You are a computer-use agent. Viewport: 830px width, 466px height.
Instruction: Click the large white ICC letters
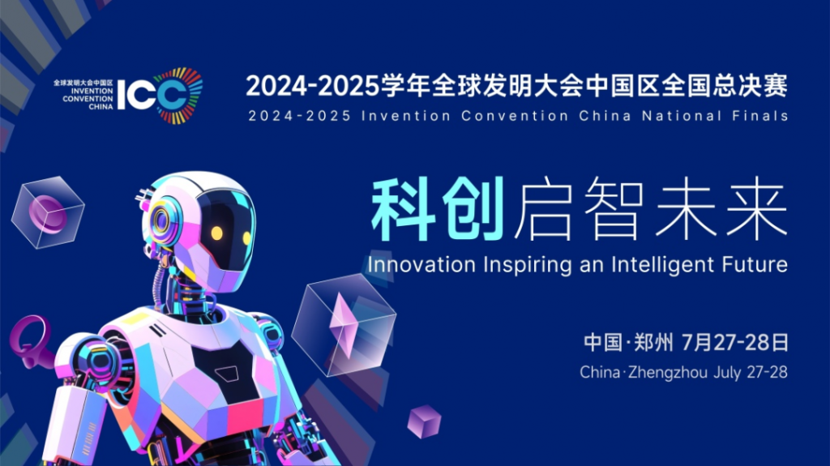pyautogui.click(x=152, y=95)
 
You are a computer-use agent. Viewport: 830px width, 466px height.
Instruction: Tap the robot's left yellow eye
pyautogui.click(x=216, y=233)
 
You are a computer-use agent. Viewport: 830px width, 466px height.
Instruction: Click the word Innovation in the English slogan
pyautogui.click(x=421, y=265)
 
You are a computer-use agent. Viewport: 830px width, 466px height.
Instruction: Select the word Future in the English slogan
pyautogui.click(x=752, y=264)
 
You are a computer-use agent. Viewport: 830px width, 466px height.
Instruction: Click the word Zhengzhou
pyautogui.click(x=668, y=373)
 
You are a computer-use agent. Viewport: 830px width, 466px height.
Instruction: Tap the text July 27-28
pyautogui.click(x=751, y=372)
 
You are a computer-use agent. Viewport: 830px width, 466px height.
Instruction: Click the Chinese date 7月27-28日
pyautogui.click(x=734, y=343)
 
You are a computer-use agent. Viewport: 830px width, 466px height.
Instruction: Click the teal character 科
pyautogui.click(x=404, y=208)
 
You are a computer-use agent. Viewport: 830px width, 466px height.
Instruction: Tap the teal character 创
pyautogui.click(x=473, y=208)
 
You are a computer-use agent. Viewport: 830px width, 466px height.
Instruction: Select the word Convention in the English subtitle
pyautogui.click(x=515, y=115)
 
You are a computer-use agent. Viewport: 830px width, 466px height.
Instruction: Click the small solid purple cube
pyautogui.click(x=424, y=421)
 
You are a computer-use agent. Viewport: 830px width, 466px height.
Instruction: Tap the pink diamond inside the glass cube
pyautogui.click(x=342, y=324)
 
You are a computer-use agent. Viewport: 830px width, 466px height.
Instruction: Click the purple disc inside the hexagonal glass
pyautogui.click(x=45, y=212)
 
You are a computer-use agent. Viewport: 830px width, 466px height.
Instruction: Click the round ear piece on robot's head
pyautogui.click(x=160, y=220)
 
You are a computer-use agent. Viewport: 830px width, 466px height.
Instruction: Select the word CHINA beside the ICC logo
pyautogui.click(x=101, y=106)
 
